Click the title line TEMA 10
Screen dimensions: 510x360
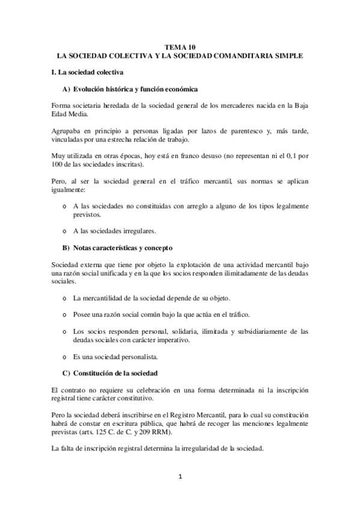(180, 46)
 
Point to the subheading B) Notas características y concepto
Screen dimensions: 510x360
(126, 247)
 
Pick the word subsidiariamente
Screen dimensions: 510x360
(257, 331)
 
